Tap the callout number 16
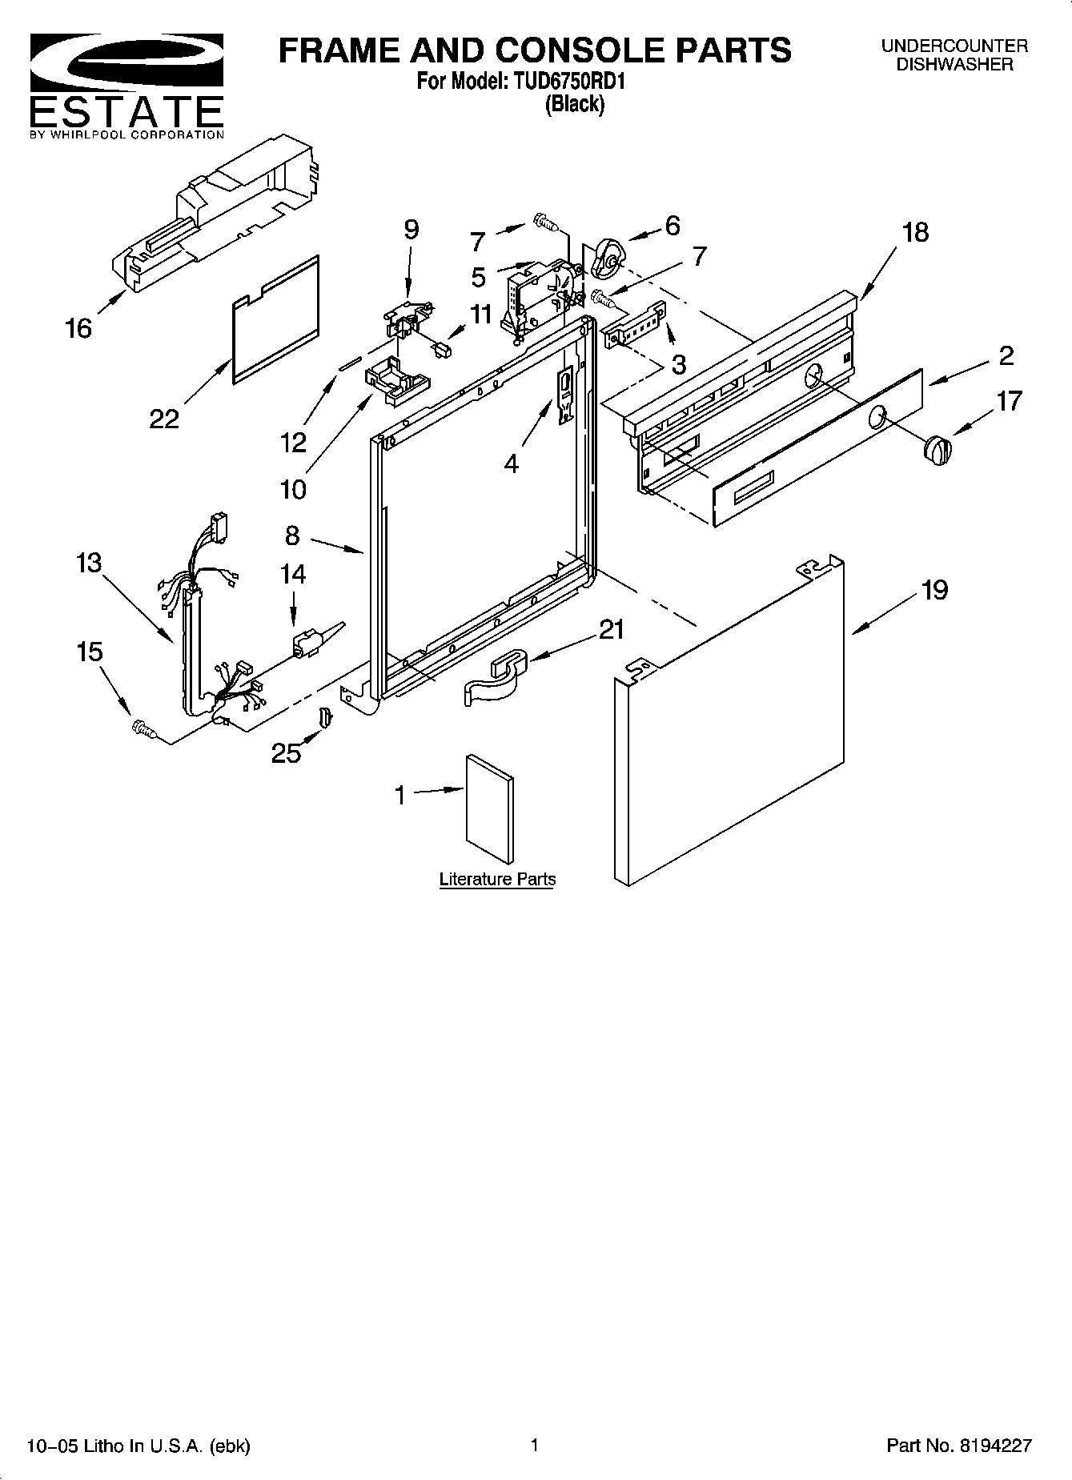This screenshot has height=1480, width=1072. (x=78, y=328)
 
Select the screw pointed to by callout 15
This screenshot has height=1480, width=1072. (x=144, y=728)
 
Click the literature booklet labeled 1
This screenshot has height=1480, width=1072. (x=489, y=808)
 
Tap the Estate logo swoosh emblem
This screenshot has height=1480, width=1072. (x=126, y=63)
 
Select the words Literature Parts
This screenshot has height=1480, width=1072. (x=497, y=880)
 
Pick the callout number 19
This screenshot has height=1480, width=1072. (x=934, y=590)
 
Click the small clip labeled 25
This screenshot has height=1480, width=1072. (x=325, y=717)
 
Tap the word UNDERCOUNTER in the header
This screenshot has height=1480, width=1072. (x=954, y=46)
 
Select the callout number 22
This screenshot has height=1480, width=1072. (x=164, y=418)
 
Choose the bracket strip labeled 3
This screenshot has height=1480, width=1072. (x=636, y=326)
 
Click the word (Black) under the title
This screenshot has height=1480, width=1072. (x=575, y=104)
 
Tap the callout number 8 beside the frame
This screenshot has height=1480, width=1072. (x=292, y=535)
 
